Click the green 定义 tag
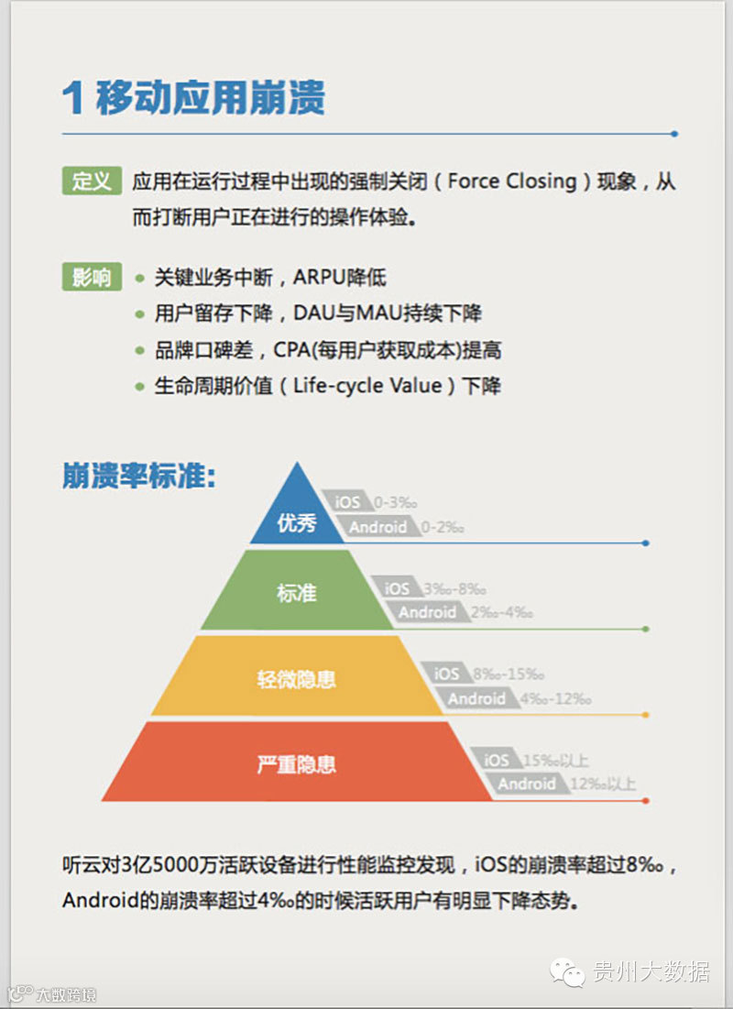pos(92,181)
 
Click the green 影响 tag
pos(92,276)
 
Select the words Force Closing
pos(512,181)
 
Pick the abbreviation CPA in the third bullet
pos(291,350)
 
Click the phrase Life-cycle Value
pos(366,386)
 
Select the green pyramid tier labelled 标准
pos(296,593)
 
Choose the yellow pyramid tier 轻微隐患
pos(296,679)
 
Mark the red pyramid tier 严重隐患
pos(296,763)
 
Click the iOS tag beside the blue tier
pos(347,502)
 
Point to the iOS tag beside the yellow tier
pos(447,674)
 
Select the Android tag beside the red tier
pos(526,784)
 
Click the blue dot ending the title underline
pos(674,134)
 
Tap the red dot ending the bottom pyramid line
pos(646,801)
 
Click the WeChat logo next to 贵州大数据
pos(568,971)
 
